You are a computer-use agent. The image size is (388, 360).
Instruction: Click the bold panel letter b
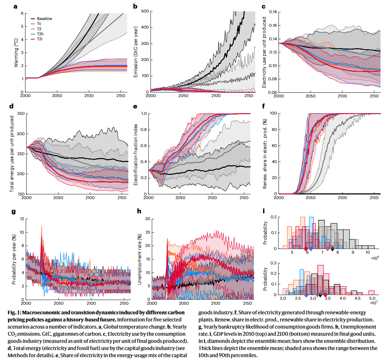tap(135, 6)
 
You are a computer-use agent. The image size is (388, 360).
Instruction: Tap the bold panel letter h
tap(140, 211)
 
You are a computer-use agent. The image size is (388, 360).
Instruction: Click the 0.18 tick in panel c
tap(273, 12)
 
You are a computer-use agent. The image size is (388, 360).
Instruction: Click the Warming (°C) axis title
tap(16, 52)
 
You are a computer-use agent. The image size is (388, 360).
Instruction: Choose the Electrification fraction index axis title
tap(135, 154)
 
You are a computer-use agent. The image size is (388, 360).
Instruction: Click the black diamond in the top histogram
tap(333, 249)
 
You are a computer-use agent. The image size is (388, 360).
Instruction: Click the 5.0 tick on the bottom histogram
tap(372, 298)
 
